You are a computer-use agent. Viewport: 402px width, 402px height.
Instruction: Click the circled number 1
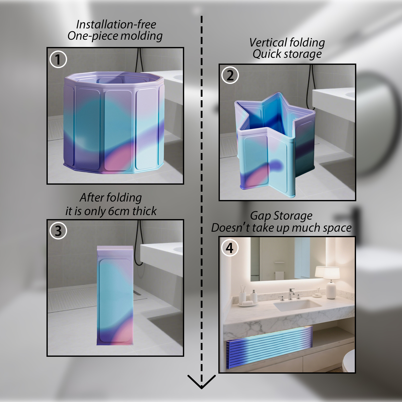58,60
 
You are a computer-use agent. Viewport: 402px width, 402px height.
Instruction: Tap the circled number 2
230,75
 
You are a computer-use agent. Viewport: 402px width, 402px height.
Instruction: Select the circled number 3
58,231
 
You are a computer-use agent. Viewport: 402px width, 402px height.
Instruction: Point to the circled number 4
230,248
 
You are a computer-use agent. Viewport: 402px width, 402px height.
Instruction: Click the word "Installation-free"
116,24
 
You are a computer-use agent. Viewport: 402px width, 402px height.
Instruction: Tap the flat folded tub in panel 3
115,295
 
